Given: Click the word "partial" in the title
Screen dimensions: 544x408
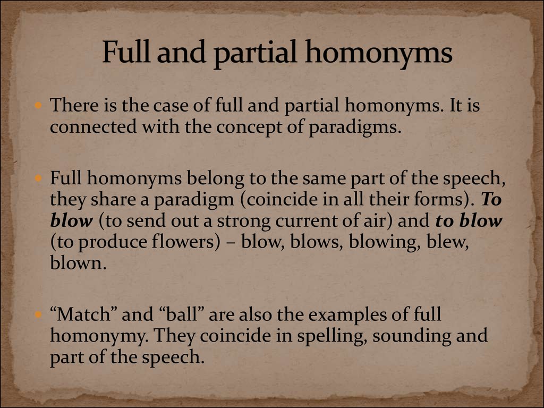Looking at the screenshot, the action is click(x=255, y=53).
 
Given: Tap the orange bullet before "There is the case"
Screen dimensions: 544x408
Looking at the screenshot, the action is click(x=38, y=105).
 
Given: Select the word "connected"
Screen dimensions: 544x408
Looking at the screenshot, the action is click(x=93, y=126).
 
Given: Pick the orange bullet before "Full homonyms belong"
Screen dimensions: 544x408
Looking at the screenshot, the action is click(x=38, y=178).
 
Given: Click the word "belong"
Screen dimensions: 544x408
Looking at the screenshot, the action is click(x=215, y=179).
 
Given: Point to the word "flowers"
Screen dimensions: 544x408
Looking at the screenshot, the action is click(x=183, y=242).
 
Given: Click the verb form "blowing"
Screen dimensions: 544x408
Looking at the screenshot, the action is click(x=382, y=242).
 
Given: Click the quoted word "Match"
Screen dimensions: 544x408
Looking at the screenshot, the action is click(x=82, y=314).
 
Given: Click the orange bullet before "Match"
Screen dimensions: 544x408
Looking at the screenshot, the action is click(x=38, y=314).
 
